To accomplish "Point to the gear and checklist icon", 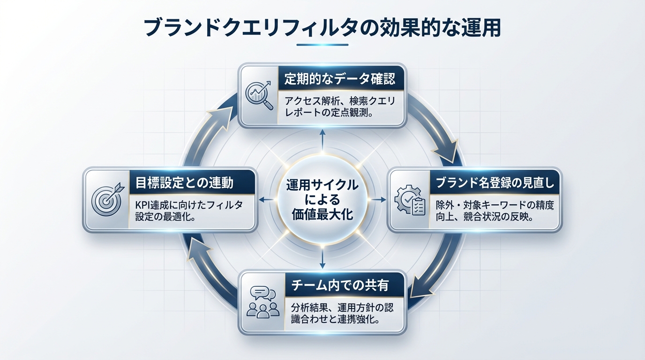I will pyautogui.click(x=411, y=201).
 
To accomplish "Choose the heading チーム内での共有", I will pyautogui.click(x=340, y=285).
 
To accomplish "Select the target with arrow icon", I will pyautogui.click(x=106, y=200).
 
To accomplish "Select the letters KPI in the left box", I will pyautogui.click(x=142, y=205).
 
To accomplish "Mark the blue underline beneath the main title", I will pyautogui.click(x=322, y=45).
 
